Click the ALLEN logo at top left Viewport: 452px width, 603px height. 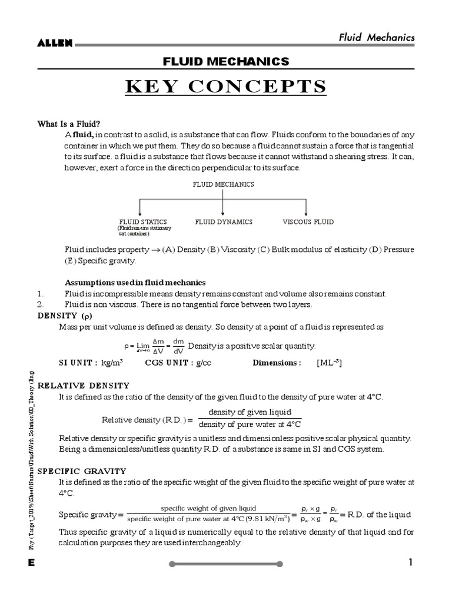coord(55,43)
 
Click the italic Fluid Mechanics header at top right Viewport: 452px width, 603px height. coord(376,38)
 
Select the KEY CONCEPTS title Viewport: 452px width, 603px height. coord(226,87)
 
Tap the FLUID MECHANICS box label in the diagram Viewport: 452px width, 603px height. coord(224,184)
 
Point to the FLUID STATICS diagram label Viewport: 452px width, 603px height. coord(143,222)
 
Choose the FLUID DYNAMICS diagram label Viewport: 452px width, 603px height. coord(224,222)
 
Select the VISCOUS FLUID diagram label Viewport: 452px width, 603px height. coord(308,222)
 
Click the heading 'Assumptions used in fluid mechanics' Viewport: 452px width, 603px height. coord(135,283)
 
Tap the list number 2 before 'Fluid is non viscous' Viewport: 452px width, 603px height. coord(40,304)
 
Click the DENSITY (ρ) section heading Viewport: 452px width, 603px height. coord(67,316)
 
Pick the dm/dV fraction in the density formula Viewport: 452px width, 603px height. coord(178,346)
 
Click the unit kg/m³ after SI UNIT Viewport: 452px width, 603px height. coord(112,363)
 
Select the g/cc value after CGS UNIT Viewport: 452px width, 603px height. coord(203,363)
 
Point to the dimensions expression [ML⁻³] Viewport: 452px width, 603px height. coord(329,363)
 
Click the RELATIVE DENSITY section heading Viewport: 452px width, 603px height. coord(84,385)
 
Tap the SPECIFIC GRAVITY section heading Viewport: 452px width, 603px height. coord(82,471)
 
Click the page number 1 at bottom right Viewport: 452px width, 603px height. coord(411,563)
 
